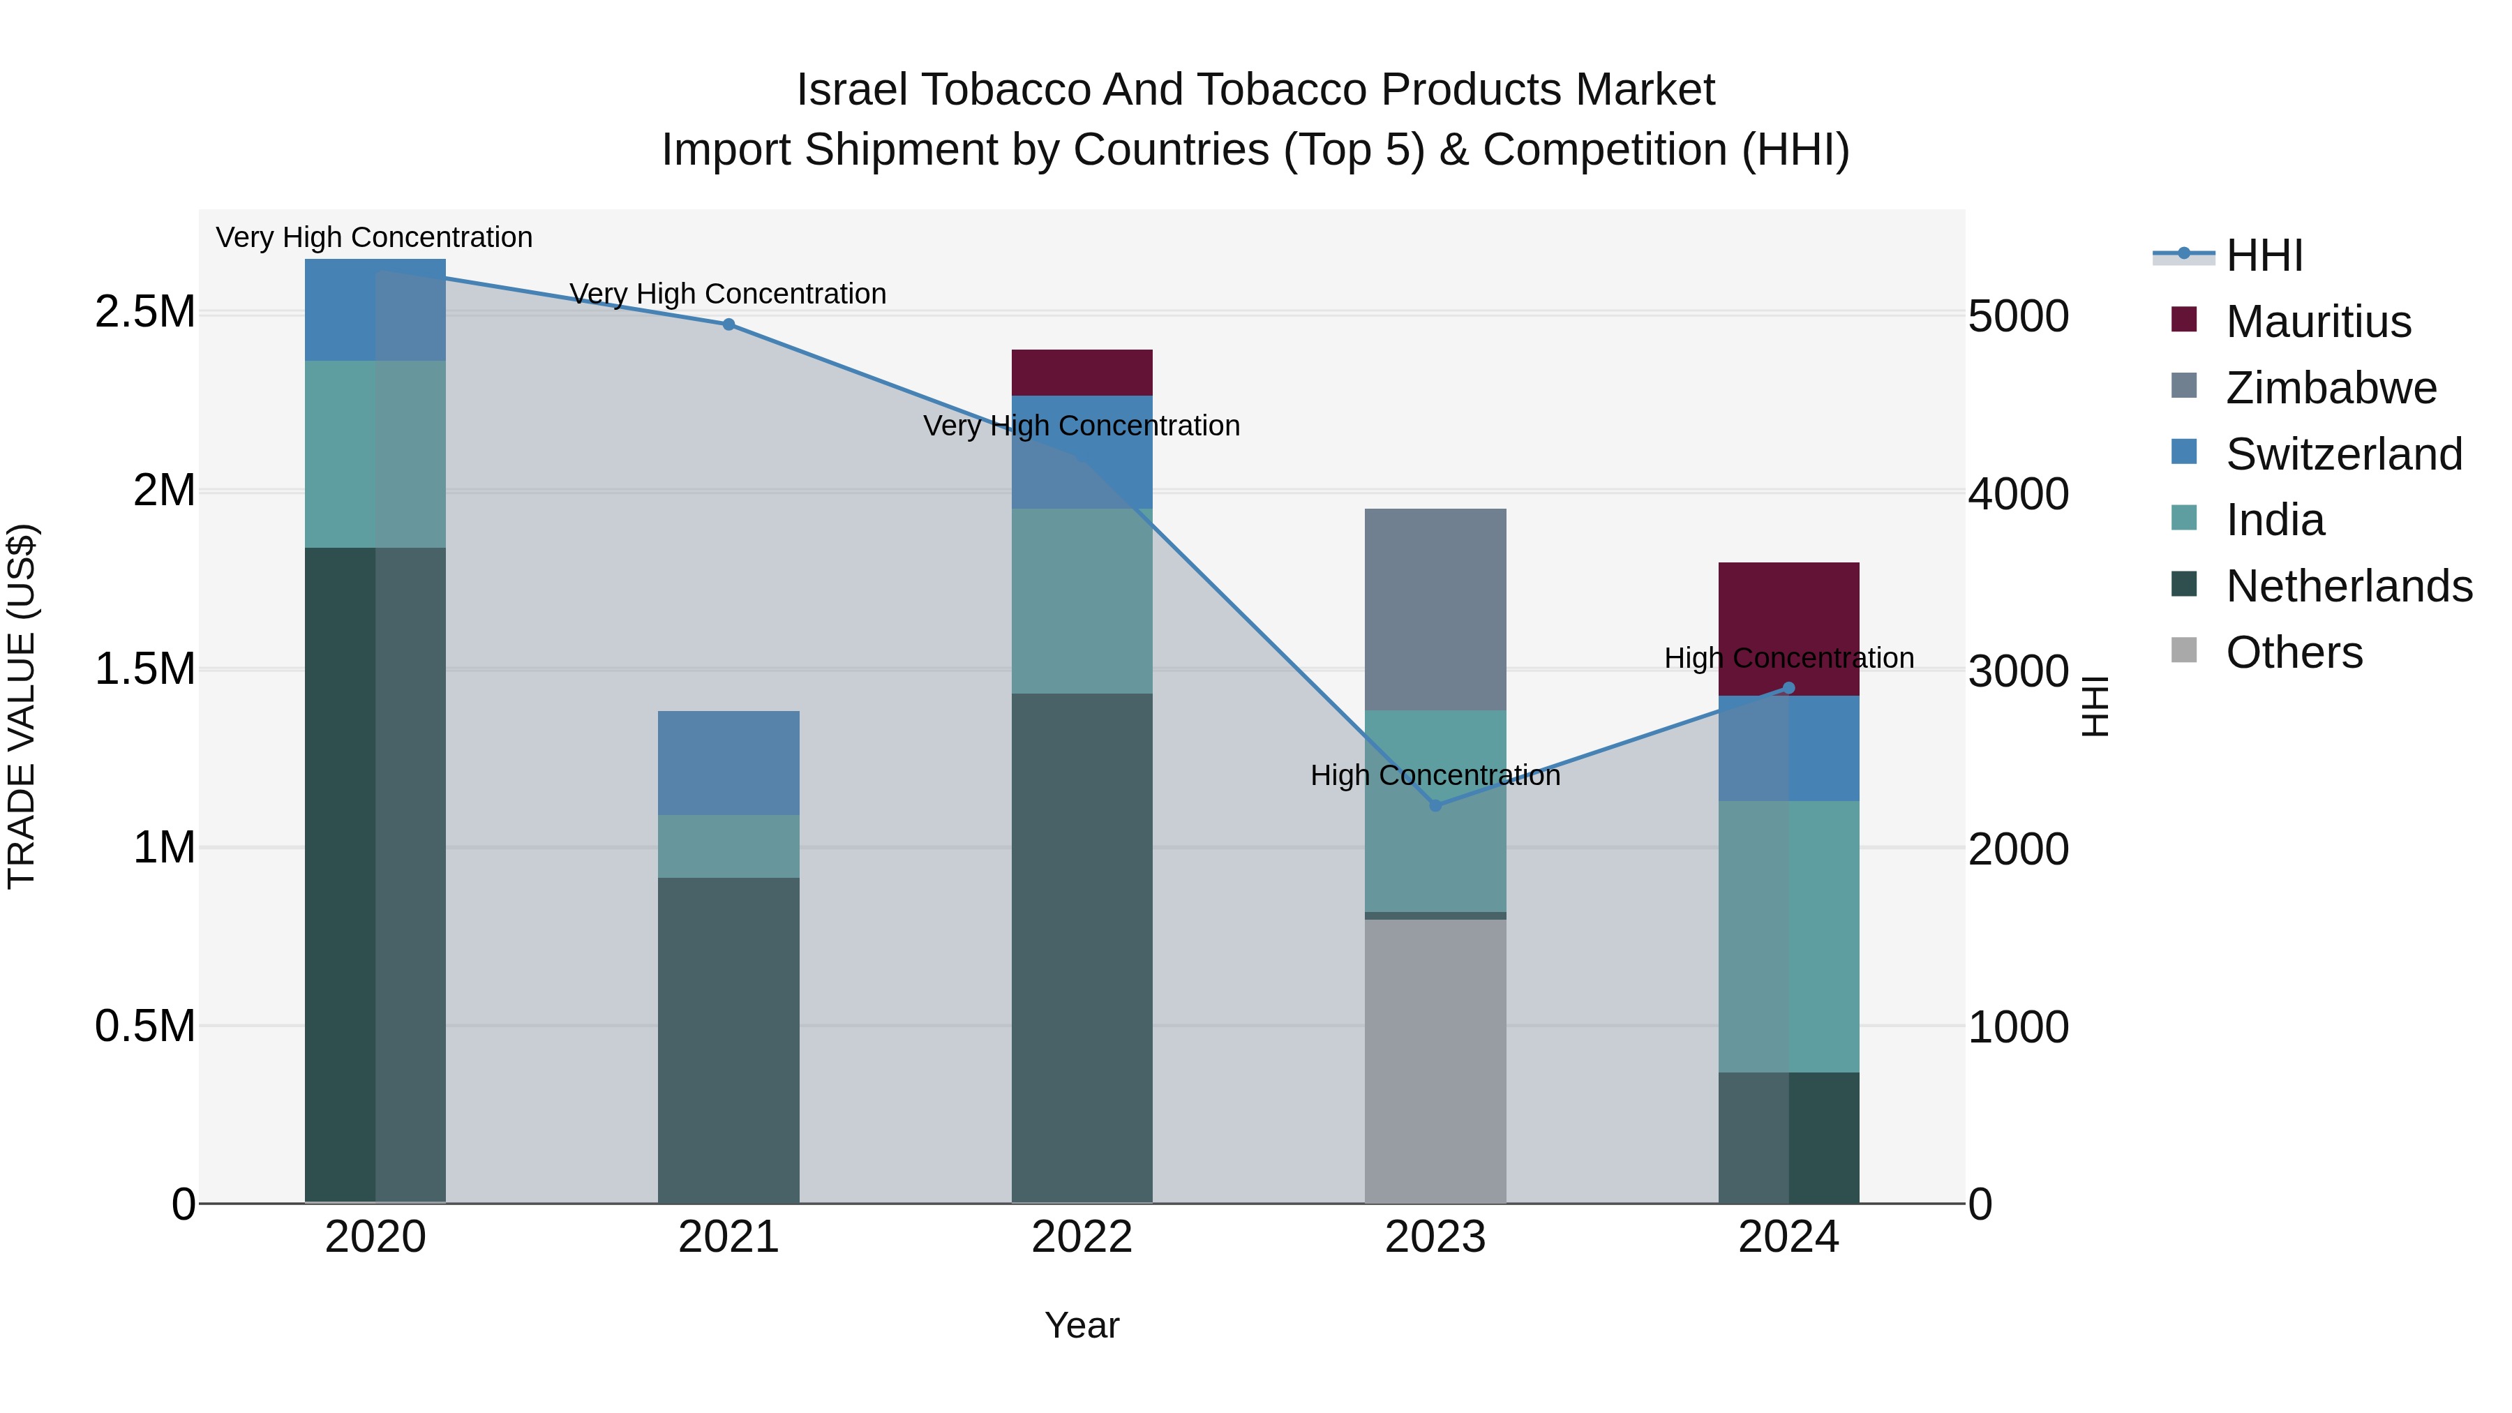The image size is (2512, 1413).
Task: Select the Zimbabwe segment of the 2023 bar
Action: [1435, 608]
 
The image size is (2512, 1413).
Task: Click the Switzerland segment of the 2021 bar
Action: [728, 763]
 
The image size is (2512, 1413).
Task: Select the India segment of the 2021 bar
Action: [728, 846]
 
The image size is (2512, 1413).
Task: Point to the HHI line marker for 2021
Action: [728, 324]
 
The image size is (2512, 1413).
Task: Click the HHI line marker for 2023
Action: [1435, 805]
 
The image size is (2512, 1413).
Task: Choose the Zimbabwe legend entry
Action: [2331, 388]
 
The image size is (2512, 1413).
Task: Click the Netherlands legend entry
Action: [2348, 586]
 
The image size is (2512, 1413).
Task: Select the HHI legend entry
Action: [2264, 255]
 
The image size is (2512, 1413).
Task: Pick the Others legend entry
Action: [2294, 652]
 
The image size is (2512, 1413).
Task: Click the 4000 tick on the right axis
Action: [2017, 493]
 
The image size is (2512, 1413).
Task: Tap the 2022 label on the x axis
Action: [1082, 1237]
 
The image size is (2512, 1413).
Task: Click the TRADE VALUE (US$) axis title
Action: [22, 706]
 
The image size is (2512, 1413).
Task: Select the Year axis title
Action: [1082, 1325]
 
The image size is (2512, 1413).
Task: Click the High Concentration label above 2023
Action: [1435, 775]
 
